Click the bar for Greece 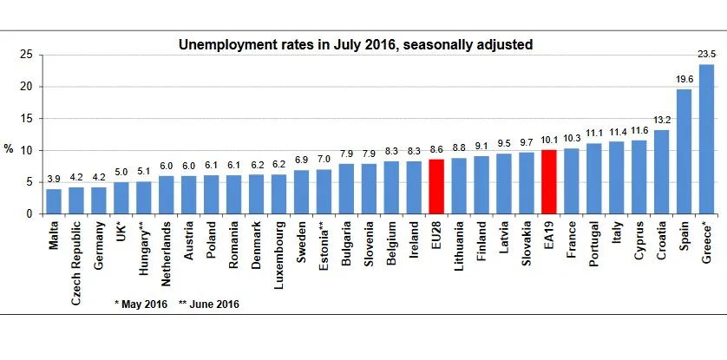[706, 139]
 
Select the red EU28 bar [436, 187]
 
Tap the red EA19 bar [549, 181]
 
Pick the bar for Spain [684, 152]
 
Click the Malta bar [54, 201]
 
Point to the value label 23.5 [706, 55]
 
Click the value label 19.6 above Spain [684, 79]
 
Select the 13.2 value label [661, 120]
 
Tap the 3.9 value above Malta [54, 179]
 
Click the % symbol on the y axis [9, 149]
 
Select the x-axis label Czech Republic [76, 259]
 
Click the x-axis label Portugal [594, 246]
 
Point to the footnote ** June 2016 [209, 304]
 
